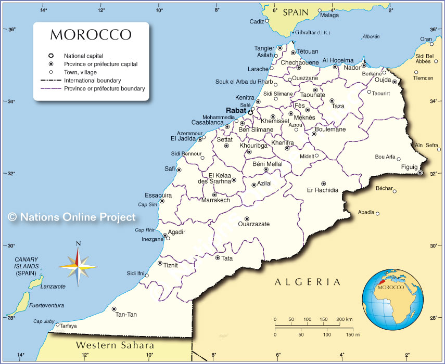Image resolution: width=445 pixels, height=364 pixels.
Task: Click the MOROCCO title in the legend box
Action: point(91,35)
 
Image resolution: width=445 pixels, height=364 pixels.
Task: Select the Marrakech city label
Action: point(215,200)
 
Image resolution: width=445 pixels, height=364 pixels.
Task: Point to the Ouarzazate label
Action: point(253,224)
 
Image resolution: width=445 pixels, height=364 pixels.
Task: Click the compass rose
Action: point(78,266)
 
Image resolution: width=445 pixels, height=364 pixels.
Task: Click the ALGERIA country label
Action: point(308,282)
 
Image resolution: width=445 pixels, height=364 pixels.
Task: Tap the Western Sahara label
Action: point(115,345)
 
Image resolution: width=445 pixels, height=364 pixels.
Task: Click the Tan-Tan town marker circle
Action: point(114,309)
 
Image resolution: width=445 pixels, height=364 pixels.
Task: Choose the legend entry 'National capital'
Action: point(83,56)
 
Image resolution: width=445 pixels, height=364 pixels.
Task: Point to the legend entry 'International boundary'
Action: point(93,81)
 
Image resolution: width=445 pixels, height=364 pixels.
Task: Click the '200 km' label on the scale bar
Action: point(345,319)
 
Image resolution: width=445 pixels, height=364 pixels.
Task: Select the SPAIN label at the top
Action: point(296,12)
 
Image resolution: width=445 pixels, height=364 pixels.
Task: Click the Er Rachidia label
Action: point(323,190)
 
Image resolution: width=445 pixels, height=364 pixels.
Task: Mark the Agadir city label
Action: point(177,232)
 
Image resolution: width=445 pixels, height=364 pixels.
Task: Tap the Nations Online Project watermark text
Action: point(72,217)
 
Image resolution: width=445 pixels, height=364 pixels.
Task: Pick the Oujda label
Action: point(383,79)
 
